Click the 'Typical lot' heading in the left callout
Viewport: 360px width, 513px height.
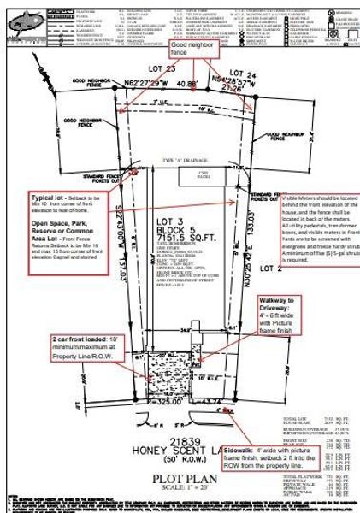pos(48,195)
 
